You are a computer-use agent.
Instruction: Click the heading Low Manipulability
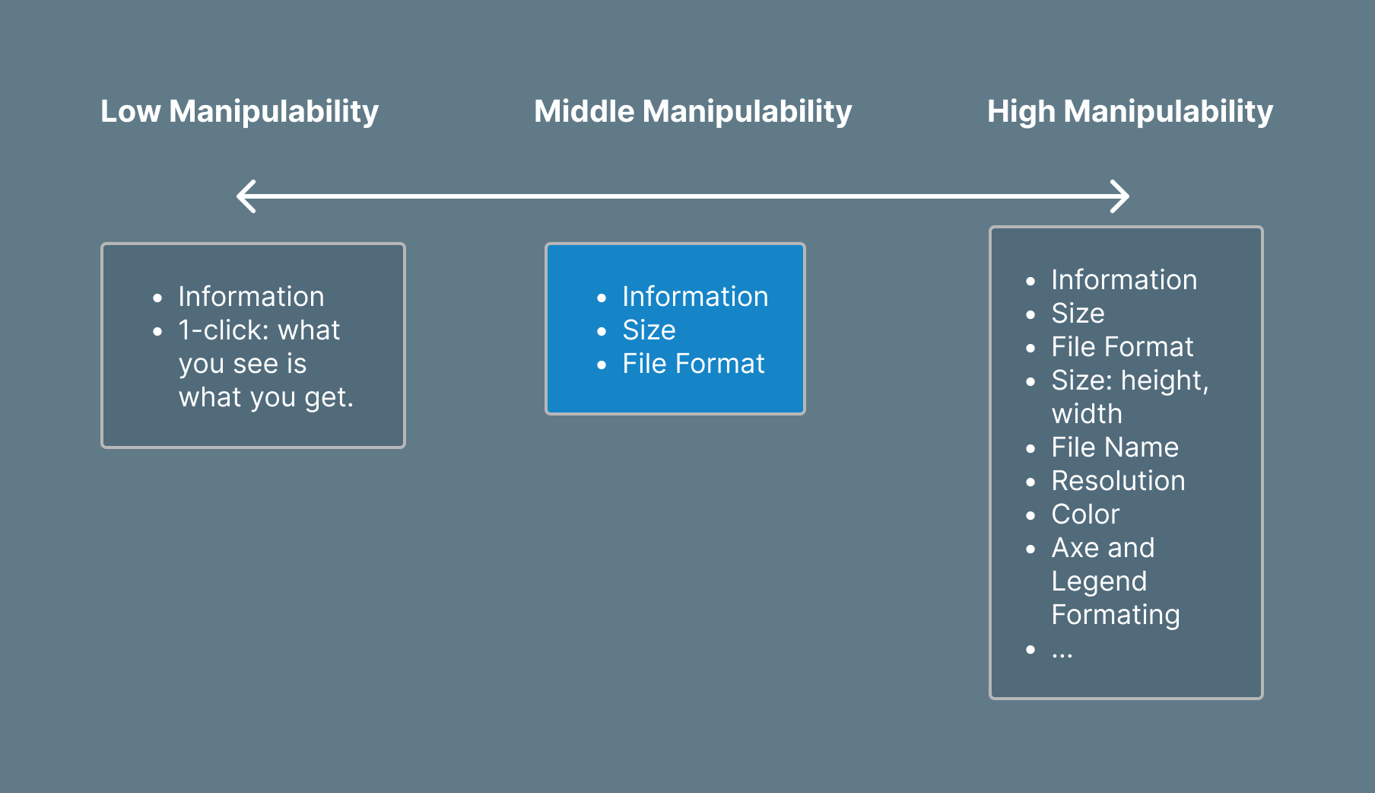240,112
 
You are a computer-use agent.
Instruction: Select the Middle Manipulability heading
693,112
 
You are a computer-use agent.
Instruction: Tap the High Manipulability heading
1129,112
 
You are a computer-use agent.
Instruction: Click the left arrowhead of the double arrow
245,196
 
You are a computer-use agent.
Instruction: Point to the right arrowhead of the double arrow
1120,196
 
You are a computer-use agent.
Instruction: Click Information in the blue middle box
695,297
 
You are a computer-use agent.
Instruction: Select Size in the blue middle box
649,330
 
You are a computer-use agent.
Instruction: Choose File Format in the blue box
693,364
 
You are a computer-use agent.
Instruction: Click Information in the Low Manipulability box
251,297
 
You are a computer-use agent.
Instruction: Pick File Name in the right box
1115,447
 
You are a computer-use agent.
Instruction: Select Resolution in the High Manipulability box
1118,481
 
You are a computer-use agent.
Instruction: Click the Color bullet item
1085,514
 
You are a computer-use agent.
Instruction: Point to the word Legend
1099,581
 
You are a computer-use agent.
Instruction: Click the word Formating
1116,615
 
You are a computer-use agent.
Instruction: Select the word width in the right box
1087,414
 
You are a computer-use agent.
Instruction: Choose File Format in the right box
1123,347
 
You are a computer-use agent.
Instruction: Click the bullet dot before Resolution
1030,482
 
